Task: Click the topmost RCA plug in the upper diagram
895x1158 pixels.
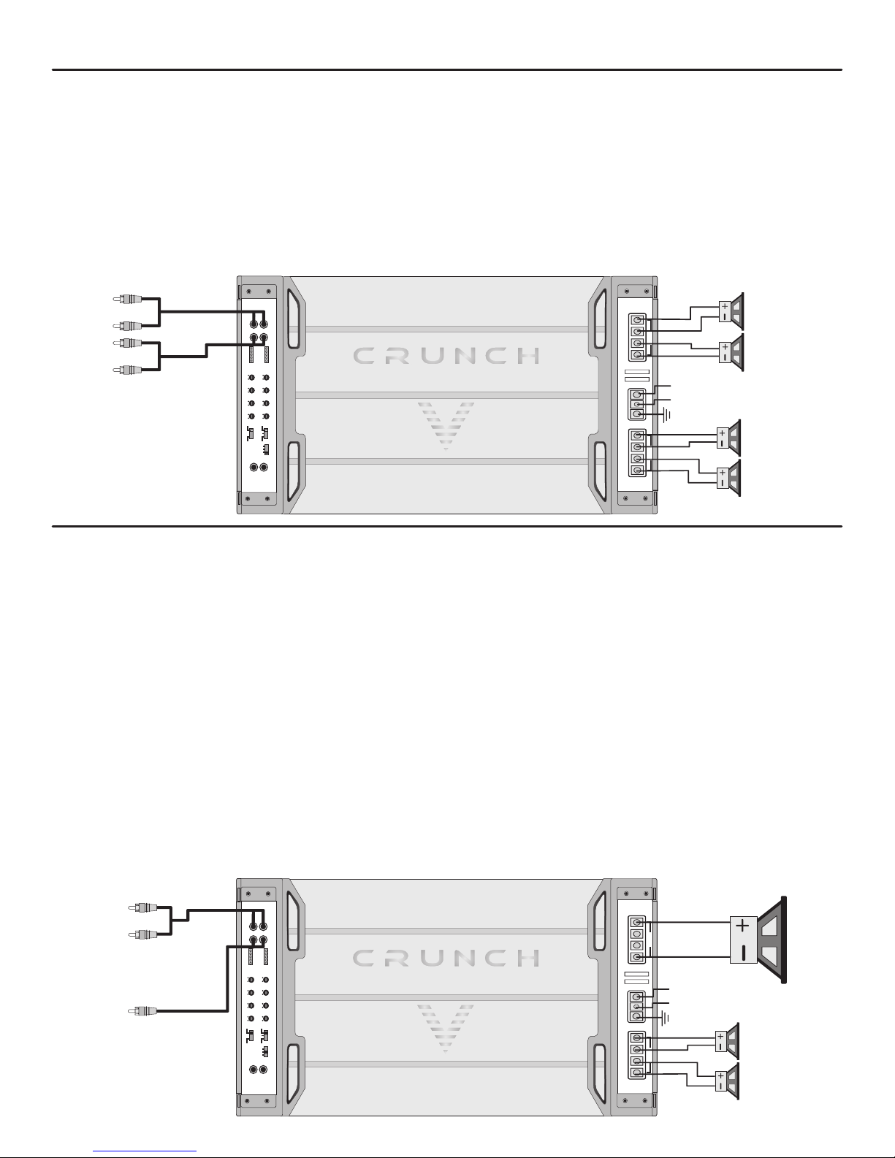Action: tap(127, 299)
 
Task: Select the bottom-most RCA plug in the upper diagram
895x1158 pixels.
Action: tap(127, 369)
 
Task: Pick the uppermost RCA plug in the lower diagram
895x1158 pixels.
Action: tap(143, 907)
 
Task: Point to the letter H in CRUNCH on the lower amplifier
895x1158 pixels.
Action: tap(529, 958)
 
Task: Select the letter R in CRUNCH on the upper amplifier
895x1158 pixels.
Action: tap(397, 356)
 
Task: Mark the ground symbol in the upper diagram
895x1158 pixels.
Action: tap(666, 415)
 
